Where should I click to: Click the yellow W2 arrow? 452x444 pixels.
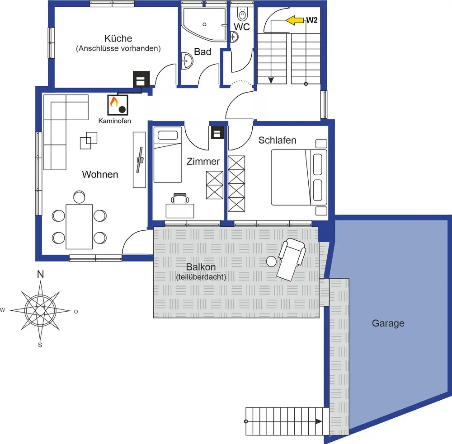(295, 20)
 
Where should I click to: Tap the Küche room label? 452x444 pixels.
(118, 38)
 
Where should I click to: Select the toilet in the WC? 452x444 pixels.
(242, 14)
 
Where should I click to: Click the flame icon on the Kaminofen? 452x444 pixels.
(114, 102)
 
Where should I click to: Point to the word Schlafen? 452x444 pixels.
(277, 140)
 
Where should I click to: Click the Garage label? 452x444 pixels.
(388, 323)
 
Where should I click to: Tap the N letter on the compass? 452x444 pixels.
(40, 274)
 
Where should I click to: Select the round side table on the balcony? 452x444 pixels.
(271, 262)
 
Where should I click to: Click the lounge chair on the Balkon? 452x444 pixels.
(292, 259)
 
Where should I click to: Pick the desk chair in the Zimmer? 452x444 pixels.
(180, 199)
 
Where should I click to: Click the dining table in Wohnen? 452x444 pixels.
(79, 226)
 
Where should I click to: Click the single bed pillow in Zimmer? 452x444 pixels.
(168, 135)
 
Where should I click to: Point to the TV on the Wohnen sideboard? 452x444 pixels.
(141, 159)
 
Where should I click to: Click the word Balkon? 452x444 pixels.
(201, 267)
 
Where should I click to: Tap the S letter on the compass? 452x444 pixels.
(40, 345)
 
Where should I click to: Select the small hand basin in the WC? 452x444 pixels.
(234, 37)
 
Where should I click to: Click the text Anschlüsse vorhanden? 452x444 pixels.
(118, 48)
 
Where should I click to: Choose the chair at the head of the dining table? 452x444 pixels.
(79, 197)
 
